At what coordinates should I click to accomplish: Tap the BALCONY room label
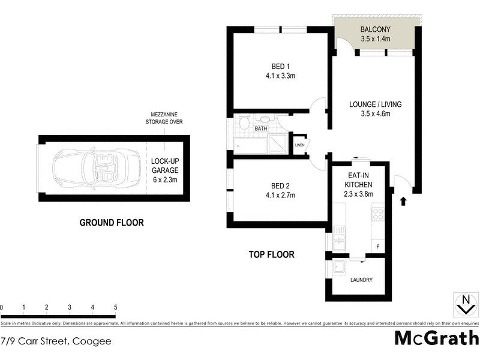[376, 29]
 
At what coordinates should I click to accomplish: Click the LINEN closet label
[299, 145]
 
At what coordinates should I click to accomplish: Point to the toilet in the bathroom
[244, 124]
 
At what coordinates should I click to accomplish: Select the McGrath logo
[436, 338]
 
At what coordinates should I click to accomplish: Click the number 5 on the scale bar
[115, 307]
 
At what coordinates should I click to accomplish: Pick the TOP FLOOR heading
[272, 254]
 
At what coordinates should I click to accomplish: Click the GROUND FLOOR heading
[112, 223]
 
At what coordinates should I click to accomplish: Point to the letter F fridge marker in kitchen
[377, 247]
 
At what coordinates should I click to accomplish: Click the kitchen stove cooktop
[377, 214]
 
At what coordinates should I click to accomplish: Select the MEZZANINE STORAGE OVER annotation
[164, 118]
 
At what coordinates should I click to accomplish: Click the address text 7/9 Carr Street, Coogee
[56, 341]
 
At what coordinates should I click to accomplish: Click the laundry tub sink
[337, 268]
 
